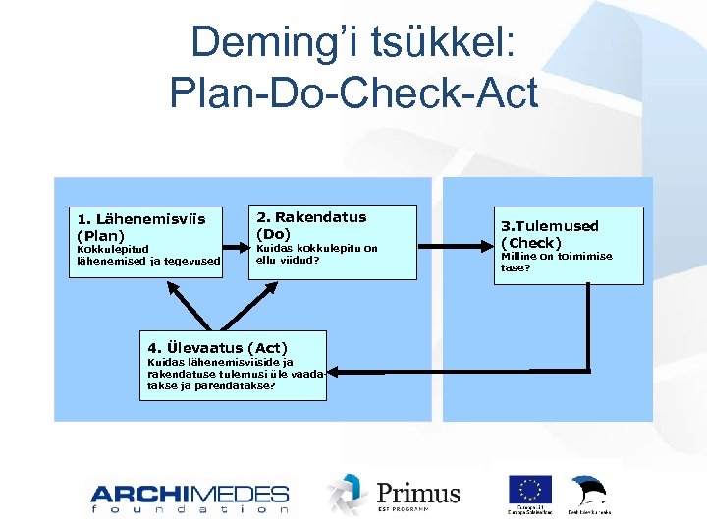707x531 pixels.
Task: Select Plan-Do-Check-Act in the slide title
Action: click(353, 93)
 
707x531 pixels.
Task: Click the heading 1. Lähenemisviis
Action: click(141, 218)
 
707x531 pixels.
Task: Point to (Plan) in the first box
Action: click(100, 235)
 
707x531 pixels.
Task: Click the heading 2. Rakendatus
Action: click(311, 217)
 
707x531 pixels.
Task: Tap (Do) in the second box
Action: click(273, 234)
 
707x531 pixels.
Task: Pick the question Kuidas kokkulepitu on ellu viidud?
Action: click(316, 254)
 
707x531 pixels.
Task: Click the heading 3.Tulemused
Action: click(550, 226)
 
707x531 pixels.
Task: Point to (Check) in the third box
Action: click(531, 242)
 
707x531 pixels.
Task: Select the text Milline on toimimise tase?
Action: click(556, 262)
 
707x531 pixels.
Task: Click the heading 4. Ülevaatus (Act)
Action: click(217, 347)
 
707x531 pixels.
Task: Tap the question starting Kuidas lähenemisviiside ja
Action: click(236, 374)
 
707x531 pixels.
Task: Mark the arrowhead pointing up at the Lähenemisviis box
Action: click(171, 285)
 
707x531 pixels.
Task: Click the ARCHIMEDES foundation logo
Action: click(190, 498)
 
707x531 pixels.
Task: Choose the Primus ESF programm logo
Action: click(394, 494)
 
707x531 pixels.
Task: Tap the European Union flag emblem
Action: click(529, 490)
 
